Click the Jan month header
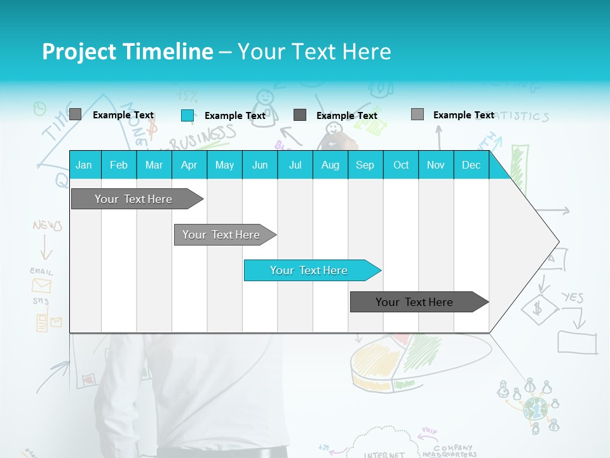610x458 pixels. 84,165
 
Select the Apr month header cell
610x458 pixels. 189,165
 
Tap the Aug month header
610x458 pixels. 330,165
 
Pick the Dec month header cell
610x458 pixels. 471,165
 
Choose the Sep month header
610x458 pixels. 365,165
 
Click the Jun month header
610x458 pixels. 259,165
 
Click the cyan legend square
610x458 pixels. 187,115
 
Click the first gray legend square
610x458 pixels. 75,114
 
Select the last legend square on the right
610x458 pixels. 417,114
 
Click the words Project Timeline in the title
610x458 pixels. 127,52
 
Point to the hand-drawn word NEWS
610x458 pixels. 48,225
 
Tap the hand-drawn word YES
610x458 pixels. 572,297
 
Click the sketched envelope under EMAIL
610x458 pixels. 41,286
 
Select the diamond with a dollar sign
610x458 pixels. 539,310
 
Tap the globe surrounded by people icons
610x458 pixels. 535,408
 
